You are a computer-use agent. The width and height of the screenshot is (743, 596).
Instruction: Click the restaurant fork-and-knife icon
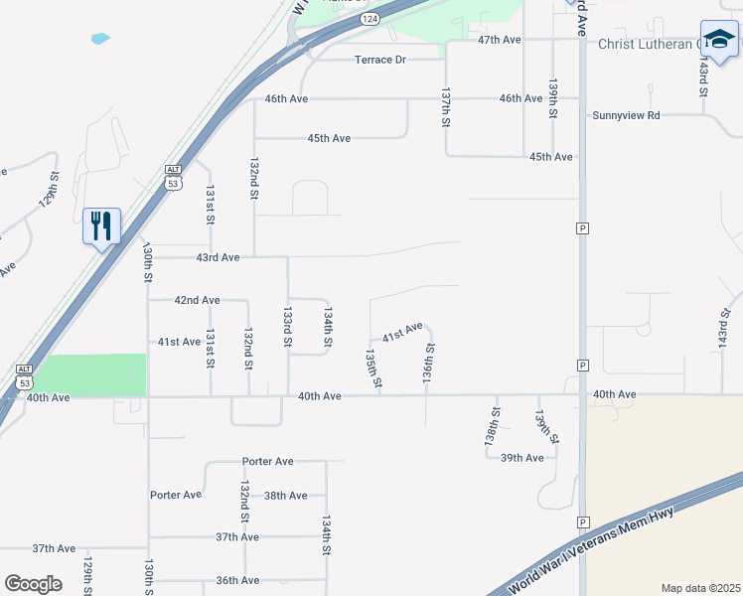[101, 226]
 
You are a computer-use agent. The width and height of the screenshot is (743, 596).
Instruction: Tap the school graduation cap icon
[718, 39]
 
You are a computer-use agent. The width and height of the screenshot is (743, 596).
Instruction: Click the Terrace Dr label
[381, 60]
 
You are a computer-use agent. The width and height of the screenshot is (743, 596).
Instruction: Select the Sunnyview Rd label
[626, 115]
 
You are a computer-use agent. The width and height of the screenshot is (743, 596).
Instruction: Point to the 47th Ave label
[499, 40]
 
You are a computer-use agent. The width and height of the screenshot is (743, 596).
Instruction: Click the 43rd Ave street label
[218, 257]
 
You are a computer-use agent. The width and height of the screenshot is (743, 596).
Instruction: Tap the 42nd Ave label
[197, 300]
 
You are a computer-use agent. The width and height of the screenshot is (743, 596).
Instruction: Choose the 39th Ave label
[521, 458]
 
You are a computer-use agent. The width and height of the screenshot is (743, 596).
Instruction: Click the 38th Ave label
[285, 495]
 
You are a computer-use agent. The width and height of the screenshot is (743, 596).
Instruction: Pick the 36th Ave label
[237, 580]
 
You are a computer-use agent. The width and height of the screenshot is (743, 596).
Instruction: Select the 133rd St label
[288, 326]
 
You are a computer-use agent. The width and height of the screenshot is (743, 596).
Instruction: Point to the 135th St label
[373, 368]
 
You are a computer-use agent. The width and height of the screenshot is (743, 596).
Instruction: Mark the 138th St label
[493, 424]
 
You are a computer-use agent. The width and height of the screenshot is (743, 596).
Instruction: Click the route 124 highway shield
[370, 19]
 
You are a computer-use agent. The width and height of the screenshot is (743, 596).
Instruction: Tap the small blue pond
[100, 39]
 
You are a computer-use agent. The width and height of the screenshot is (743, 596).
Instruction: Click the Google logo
[34, 584]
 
